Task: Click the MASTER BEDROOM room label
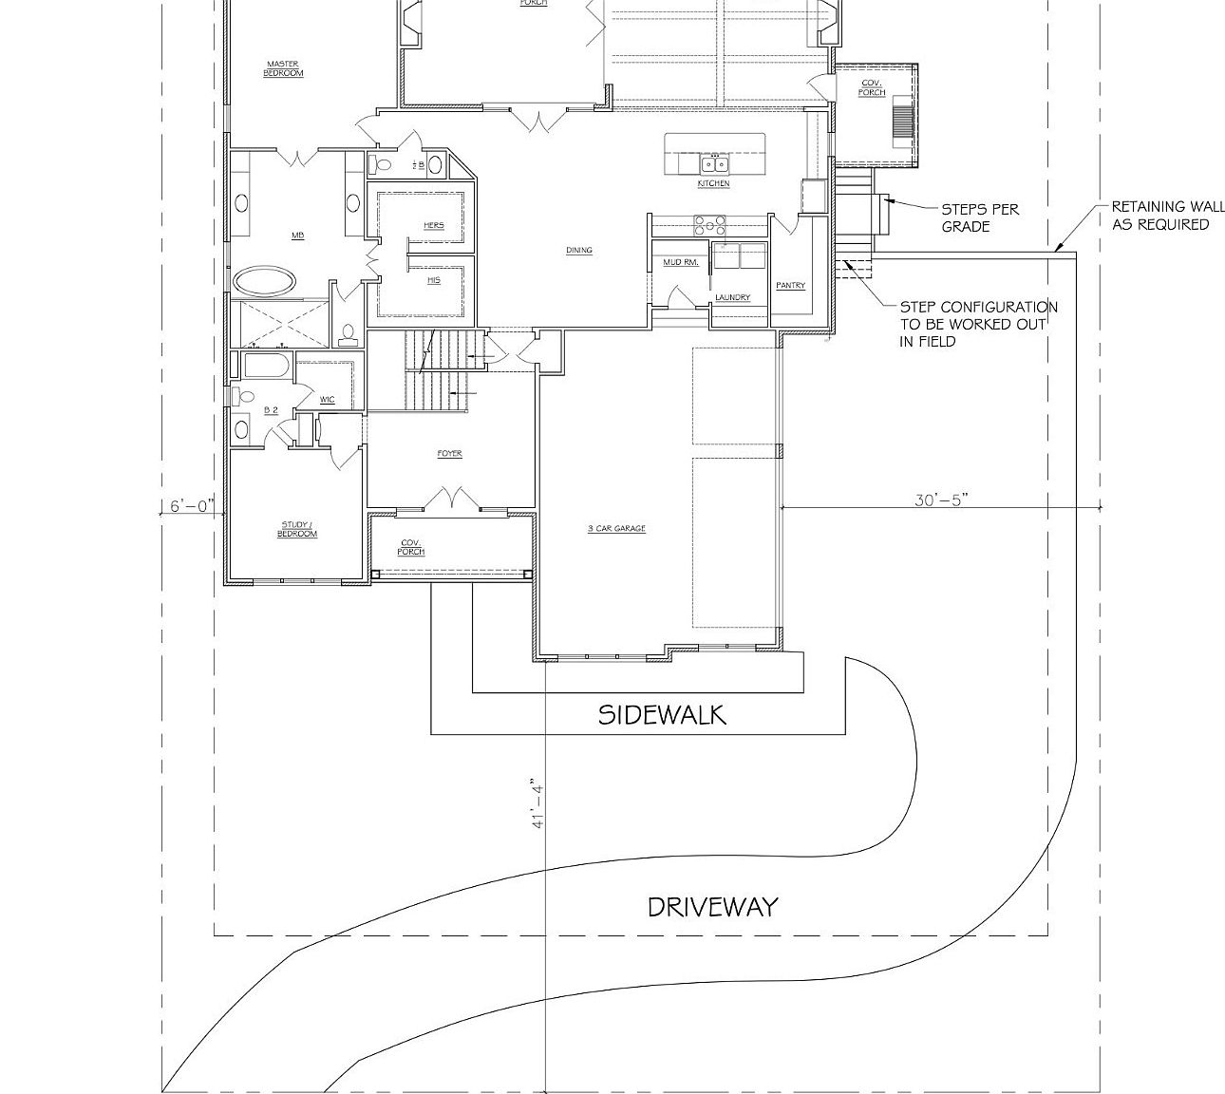point(283,68)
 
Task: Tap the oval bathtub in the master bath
point(264,281)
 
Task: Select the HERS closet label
point(434,225)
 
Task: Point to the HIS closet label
point(434,280)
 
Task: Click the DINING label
point(579,251)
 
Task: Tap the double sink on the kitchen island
point(714,163)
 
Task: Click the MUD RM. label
point(681,261)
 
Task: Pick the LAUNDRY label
point(733,297)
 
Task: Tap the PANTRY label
point(791,285)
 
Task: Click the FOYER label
point(450,454)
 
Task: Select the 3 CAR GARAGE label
point(616,528)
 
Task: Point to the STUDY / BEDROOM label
point(297,529)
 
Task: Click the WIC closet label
point(328,400)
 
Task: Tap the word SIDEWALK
point(662,715)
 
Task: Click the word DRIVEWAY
point(712,907)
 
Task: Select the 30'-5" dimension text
point(940,500)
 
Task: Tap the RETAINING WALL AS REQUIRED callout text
point(1167,216)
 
